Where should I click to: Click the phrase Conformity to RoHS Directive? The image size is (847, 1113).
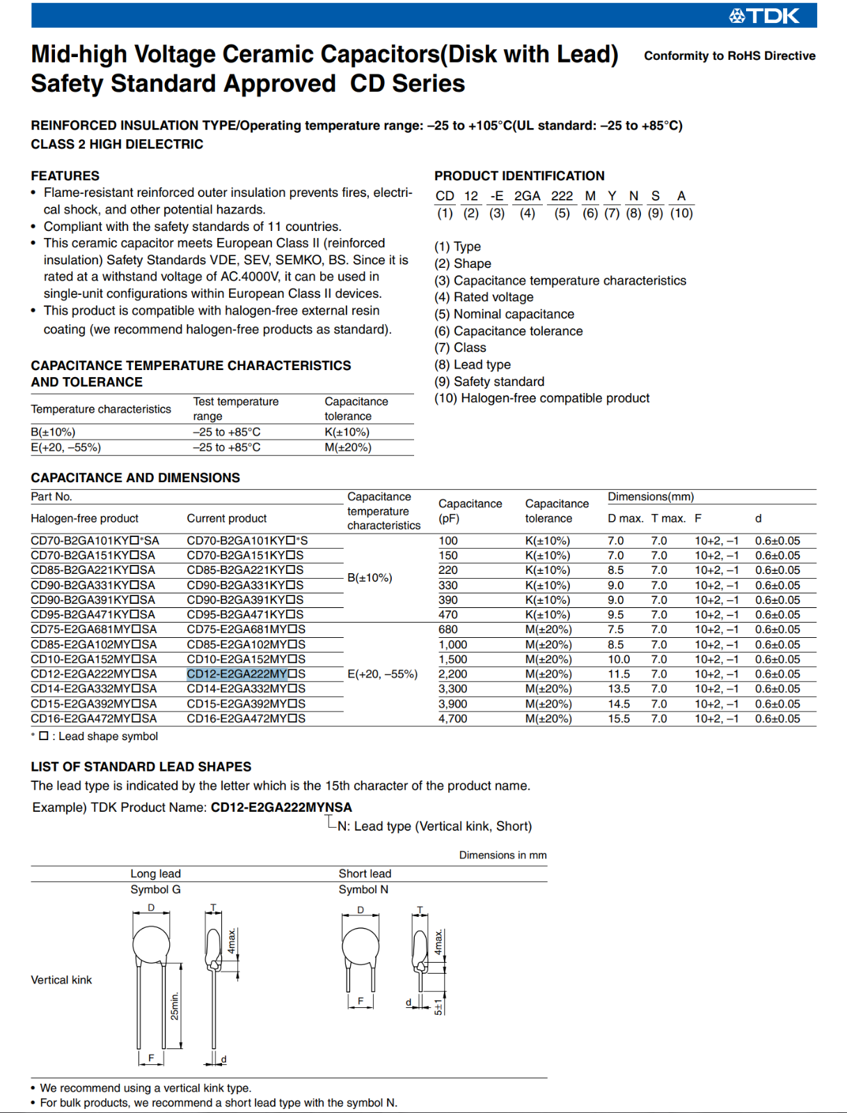(x=729, y=56)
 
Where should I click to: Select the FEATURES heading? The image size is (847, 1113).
(x=65, y=176)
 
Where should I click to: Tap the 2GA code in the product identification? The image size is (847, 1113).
(x=527, y=196)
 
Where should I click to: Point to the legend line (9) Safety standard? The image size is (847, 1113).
(x=489, y=381)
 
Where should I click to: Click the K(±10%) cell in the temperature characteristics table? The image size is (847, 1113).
(x=347, y=432)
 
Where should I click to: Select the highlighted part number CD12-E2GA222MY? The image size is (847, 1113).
(x=237, y=674)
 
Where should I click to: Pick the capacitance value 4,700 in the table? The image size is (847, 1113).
(x=452, y=719)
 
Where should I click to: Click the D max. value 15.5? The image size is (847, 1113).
(x=619, y=719)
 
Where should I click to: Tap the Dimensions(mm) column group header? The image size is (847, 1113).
(x=651, y=497)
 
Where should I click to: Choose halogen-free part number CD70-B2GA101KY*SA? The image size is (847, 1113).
(x=95, y=541)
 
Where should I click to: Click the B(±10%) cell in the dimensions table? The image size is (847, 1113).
(x=370, y=577)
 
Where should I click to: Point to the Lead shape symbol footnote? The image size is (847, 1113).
(x=98, y=736)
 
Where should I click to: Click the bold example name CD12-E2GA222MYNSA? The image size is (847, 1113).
(x=281, y=807)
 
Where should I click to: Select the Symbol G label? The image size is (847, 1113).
(x=155, y=890)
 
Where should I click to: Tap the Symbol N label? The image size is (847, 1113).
(x=363, y=890)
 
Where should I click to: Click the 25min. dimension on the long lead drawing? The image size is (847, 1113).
(x=175, y=1006)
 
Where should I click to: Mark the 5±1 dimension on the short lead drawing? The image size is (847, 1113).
(x=438, y=1007)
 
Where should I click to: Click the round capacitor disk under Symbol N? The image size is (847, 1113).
(x=361, y=946)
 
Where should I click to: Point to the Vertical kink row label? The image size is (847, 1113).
(x=61, y=980)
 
